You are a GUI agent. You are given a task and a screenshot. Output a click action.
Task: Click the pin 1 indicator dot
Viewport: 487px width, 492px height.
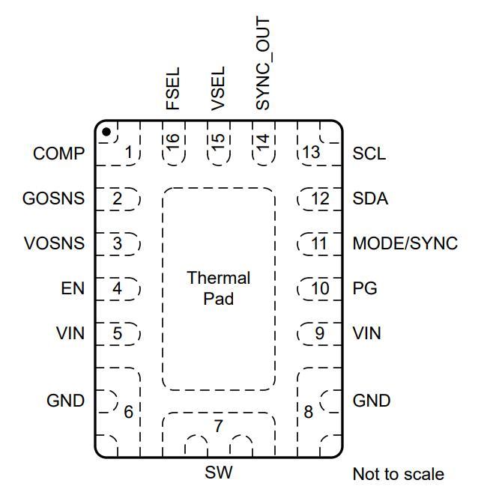(106, 132)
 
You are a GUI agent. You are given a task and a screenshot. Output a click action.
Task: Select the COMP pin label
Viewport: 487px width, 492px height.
(58, 154)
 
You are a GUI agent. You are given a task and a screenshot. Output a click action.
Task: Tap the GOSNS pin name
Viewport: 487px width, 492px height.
(53, 198)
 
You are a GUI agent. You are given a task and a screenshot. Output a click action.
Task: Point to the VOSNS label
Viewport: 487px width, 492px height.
(55, 243)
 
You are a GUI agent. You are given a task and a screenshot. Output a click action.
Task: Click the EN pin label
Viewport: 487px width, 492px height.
(73, 288)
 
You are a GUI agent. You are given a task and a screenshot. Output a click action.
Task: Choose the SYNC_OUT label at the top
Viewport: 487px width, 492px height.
(263, 64)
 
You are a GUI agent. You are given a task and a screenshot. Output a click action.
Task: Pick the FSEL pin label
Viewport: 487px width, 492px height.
(172, 88)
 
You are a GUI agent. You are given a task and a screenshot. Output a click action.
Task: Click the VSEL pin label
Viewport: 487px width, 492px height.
(218, 88)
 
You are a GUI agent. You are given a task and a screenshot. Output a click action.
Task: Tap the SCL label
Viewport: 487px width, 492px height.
(369, 154)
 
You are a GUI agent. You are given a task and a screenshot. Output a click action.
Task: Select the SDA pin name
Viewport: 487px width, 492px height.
(370, 198)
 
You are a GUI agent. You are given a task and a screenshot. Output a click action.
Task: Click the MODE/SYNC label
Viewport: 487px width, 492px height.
(405, 243)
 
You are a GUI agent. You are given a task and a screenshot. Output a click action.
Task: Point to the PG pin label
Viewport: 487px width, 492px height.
(365, 288)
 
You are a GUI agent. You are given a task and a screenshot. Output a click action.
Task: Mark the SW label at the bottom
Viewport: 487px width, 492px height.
(219, 473)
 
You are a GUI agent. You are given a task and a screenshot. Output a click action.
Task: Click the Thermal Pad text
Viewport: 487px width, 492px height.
(219, 288)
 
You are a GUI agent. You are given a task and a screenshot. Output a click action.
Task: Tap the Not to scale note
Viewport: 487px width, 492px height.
(399, 474)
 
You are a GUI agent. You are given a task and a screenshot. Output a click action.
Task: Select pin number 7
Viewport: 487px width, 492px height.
(219, 426)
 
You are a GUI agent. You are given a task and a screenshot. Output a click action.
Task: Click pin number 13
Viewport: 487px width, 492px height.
(311, 153)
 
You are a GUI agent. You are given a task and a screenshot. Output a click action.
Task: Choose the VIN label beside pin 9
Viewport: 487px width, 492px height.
(366, 333)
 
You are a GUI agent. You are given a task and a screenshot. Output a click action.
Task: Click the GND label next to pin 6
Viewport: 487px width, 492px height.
(66, 401)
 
